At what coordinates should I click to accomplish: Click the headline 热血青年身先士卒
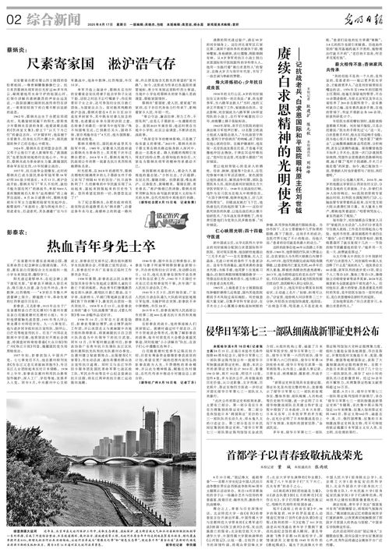tap(109, 225)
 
